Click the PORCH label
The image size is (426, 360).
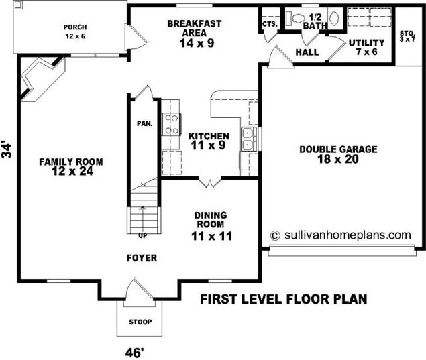pos(75,27)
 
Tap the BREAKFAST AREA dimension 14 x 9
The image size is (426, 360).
pos(197,43)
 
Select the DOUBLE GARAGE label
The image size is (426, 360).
pos(338,149)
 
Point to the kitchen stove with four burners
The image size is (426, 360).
pos(172,124)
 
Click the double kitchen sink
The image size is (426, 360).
pos(248,139)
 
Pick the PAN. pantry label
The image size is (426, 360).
pos(144,124)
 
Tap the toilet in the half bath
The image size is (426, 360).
pos(297,19)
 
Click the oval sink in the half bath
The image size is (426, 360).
pos(334,19)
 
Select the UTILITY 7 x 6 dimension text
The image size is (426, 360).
pos(367,52)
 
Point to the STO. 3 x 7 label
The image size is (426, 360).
pos(407,36)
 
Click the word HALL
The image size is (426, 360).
pos(307,52)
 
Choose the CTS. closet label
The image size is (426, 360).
pos(270,24)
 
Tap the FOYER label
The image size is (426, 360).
pos(142,258)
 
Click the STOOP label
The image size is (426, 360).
pos(140,322)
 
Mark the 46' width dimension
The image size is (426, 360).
pos(134,353)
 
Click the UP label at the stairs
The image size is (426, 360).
pos(143,236)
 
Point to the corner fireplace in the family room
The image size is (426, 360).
pos(42,78)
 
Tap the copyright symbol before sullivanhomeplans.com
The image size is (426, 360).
pos(275,235)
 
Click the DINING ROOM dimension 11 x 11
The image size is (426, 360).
pos(211,236)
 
